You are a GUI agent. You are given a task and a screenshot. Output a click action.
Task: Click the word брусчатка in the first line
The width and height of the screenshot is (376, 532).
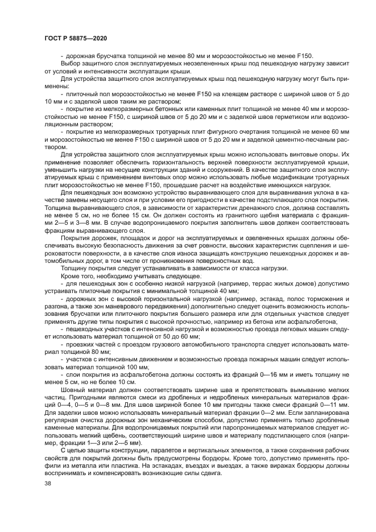106,55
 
